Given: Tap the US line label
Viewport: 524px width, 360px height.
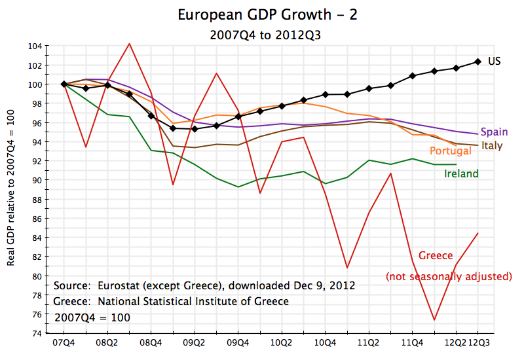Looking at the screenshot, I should coord(495,61).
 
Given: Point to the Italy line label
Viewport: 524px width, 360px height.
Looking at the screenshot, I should coord(492,145).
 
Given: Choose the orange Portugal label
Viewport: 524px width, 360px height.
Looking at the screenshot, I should coord(450,151).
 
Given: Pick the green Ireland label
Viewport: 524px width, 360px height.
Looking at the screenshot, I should coord(461,173).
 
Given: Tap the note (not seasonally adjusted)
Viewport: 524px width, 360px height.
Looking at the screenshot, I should coord(449,276).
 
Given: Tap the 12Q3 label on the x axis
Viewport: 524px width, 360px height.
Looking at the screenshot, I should coord(477,342).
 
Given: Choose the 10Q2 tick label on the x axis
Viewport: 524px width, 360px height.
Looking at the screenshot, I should coord(281,342).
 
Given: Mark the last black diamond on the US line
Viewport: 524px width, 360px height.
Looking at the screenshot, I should coord(477,62).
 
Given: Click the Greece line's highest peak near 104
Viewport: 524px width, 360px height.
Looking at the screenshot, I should coord(129,43).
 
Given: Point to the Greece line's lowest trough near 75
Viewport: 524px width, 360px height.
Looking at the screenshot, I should coord(434,320).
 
